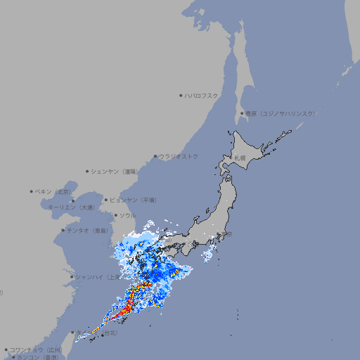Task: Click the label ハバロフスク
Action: click(202, 95)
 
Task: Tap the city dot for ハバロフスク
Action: click(181, 95)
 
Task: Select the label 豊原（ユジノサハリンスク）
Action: click(281, 113)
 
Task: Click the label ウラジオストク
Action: click(179, 156)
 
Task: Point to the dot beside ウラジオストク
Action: click(155, 157)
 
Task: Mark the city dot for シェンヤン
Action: click(87, 171)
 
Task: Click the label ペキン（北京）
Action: click(54, 191)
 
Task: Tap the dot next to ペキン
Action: click(32, 191)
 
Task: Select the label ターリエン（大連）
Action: click(72, 208)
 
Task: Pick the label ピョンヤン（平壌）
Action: click(134, 200)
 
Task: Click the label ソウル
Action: click(127, 215)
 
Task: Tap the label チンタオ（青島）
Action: click(88, 231)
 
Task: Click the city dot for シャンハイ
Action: click(72, 277)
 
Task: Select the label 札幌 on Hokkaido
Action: click(240, 158)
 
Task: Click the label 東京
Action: click(224, 234)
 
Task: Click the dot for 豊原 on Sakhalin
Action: click(242, 113)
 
